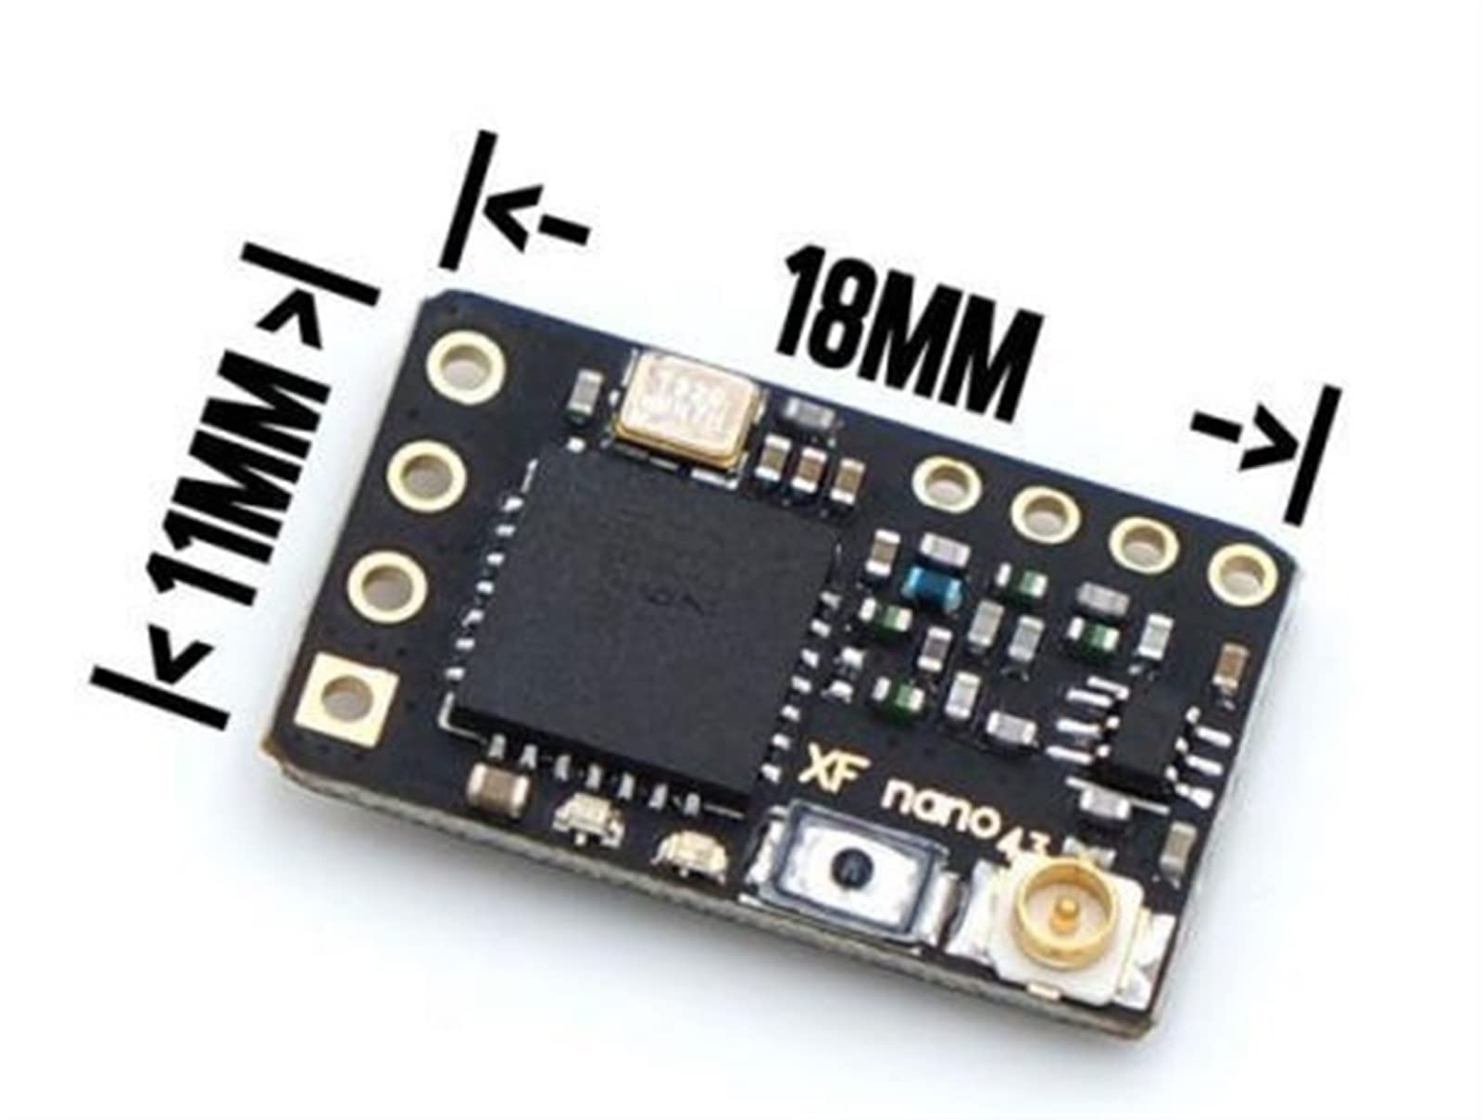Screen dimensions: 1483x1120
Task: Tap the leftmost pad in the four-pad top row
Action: pos(947,480)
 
